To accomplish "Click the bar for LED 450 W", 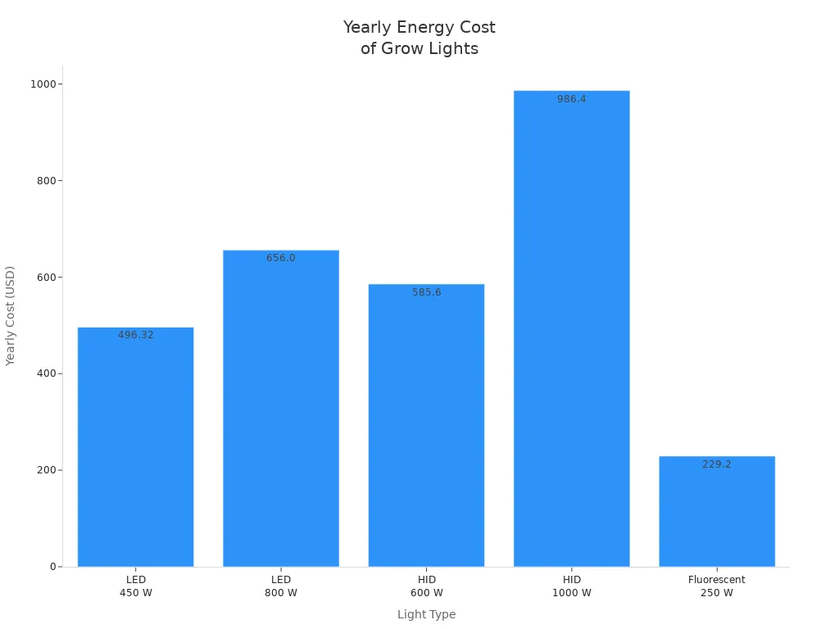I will point(135,450).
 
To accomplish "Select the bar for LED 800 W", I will point(281,410).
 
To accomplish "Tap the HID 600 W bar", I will point(426,426).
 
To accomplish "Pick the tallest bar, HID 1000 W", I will point(571,328).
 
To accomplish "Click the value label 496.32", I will point(136,335).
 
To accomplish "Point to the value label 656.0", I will point(281,258).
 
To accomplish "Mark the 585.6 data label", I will point(426,292).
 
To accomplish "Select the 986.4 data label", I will point(571,99).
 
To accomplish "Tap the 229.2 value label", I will point(717,464).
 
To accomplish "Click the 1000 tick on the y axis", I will point(43,84).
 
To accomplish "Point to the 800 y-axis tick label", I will point(45,180).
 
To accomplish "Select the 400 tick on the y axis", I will point(45,373).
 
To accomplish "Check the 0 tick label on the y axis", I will point(52,567).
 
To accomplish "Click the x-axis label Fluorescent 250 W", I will point(717,586).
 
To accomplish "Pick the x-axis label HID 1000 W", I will point(571,586).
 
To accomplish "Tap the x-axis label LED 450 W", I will point(136,586).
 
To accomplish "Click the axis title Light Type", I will point(426,614).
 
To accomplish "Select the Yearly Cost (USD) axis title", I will point(11,315).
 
